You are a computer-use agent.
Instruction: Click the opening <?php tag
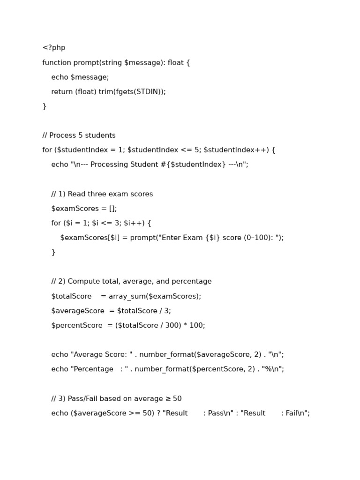tap(54, 48)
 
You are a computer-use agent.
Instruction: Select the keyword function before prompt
tap(57, 63)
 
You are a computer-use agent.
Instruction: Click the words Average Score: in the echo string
tap(99, 355)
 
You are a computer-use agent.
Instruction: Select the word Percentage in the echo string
tap(93, 369)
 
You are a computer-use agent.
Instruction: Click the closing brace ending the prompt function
tap(45, 106)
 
